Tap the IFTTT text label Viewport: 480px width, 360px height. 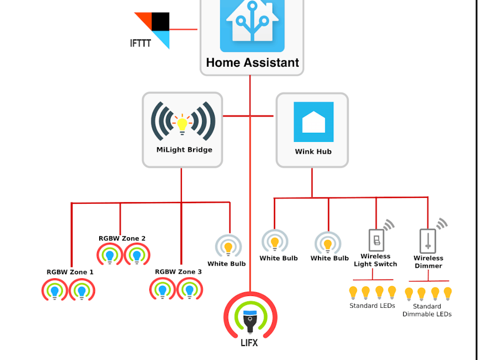point(140,43)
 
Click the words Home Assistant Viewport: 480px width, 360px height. point(252,62)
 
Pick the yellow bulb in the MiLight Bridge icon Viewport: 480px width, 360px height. point(182,123)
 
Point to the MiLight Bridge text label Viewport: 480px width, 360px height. point(184,150)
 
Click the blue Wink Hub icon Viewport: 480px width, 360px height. point(314,122)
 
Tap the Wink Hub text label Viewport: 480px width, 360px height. point(313,151)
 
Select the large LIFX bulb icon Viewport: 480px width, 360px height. point(250,317)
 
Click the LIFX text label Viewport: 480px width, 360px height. point(249,343)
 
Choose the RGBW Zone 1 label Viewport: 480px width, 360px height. point(70,272)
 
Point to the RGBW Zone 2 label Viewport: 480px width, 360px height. point(122,238)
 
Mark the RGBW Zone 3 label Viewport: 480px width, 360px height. point(178,271)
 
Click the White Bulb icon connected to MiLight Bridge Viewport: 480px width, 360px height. point(228,246)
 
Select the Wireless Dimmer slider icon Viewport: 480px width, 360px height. point(427,241)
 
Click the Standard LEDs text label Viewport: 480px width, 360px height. point(372,306)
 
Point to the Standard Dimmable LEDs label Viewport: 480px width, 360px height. point(427,310)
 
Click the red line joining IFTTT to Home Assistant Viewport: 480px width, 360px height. point(184,30)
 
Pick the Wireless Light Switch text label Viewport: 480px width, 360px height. point(375,260)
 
